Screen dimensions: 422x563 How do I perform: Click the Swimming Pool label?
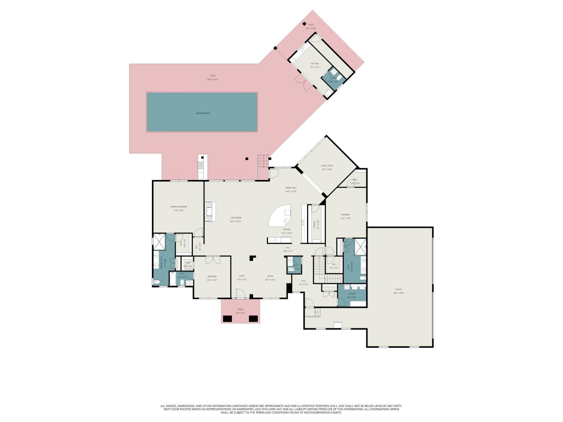click(203, 113)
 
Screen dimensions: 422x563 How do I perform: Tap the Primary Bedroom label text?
click(179, 207)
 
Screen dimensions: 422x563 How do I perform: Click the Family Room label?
click(327, 166)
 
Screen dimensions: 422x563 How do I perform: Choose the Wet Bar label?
click(315, 64)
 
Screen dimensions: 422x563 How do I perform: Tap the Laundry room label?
click(352, 294)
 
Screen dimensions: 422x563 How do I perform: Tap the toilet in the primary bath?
click(157, 282)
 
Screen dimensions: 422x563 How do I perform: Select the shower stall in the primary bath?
click(159, 242)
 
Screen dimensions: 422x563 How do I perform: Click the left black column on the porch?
click(227, 319)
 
